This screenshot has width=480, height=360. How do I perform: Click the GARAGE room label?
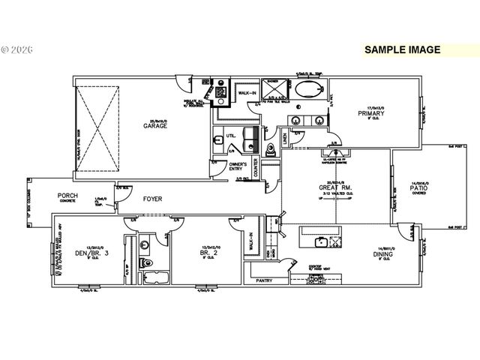(156, 126)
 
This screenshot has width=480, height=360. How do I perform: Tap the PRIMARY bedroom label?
(371, 115)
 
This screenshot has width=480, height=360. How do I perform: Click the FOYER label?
(152, 199)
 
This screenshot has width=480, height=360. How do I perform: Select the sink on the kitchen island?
(322, 241)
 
